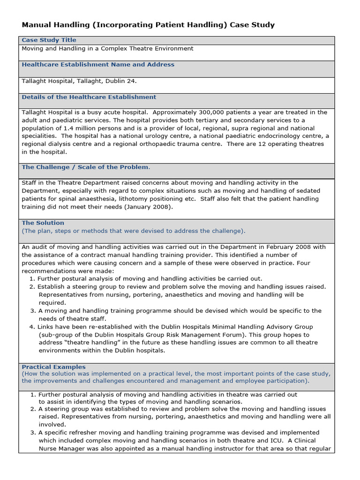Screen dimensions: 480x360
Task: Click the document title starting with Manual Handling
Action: pos(148,25)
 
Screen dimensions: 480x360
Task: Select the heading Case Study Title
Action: pos(49,40)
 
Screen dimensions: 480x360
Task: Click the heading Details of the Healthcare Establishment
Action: pos(89,97)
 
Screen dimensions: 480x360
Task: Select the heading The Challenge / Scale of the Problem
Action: pos(86,167)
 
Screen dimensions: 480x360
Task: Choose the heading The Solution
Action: pos(43,223)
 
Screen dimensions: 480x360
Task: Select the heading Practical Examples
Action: pos(53,367)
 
